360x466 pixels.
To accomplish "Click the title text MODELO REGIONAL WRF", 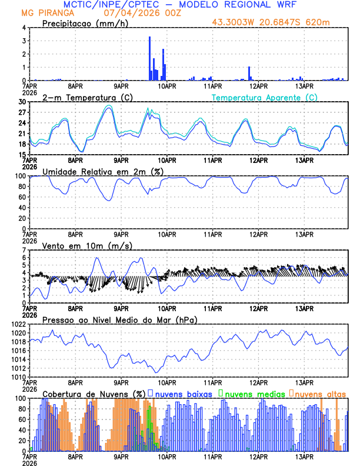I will [x=246, y=5].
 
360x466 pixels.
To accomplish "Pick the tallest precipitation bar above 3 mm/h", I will [x=149, y=58].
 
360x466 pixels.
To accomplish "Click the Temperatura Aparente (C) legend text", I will [x=265, y=97].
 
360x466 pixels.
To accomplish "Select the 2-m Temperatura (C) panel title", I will [x=83, y=97].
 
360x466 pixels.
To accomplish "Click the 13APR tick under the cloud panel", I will [x=304, y=456].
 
